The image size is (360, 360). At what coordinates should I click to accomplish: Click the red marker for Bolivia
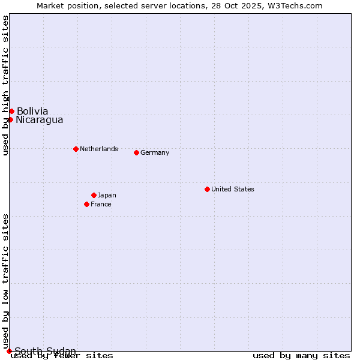(11, 111)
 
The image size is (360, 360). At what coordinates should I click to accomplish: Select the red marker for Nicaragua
(10, 119)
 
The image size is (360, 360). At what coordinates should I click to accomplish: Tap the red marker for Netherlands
(76, 149)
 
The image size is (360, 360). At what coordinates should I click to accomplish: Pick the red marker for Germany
(136, 152)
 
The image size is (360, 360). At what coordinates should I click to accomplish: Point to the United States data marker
(207, 189)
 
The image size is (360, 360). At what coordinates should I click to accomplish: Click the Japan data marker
(94, 195)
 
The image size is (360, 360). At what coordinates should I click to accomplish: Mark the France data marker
(86, 204)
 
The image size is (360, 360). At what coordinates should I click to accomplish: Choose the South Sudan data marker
(9, 351)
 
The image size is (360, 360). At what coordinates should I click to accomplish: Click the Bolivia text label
(32, 111)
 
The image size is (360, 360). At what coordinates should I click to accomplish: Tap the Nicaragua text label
(40, 119)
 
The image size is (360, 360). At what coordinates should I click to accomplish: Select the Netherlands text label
(99, 149)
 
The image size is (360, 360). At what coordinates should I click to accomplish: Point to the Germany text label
(155, 152)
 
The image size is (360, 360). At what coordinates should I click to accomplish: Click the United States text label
(233, 189)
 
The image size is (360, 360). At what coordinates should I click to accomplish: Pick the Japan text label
(107, 195)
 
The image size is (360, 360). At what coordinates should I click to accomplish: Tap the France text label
(101, 204)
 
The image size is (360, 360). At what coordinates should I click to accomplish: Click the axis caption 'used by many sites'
(301, 356)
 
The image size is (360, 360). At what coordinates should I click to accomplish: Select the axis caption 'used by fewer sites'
(62, 356)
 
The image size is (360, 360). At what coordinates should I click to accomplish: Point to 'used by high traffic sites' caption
(5, 85)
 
